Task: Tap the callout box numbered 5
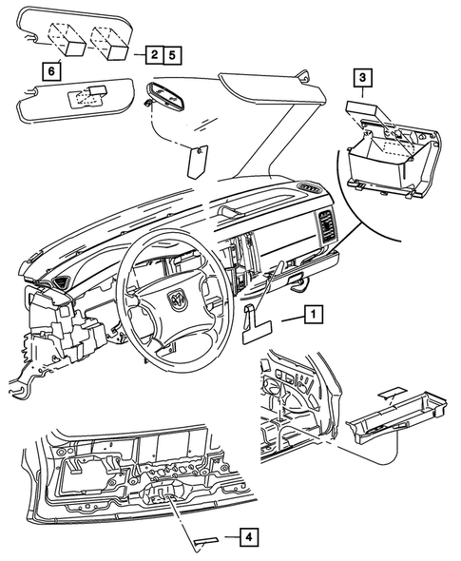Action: pyautogui.click(x=172, y=56)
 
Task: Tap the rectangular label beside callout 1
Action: pyautogui.click(x=256, y=330)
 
